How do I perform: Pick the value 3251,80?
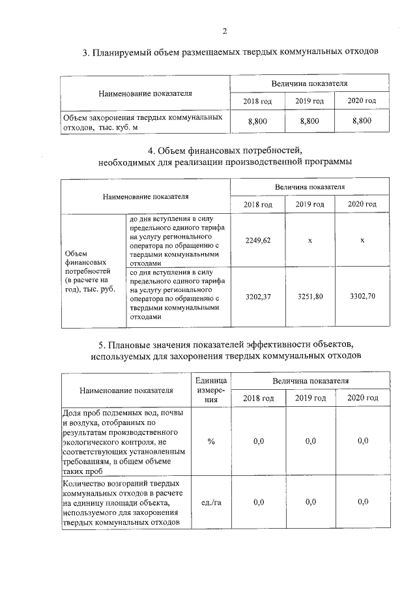(x=309, y=296)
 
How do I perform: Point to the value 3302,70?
(x=362, y=296)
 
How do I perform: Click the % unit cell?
(x=211, y=441)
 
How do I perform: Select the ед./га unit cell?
(x=211, y=501)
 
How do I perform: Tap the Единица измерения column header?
(x=211, y=389)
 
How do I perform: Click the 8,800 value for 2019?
(x=309, y=121)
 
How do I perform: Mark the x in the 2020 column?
(x=362, y=241)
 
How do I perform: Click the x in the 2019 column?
(x=309, y=241)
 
